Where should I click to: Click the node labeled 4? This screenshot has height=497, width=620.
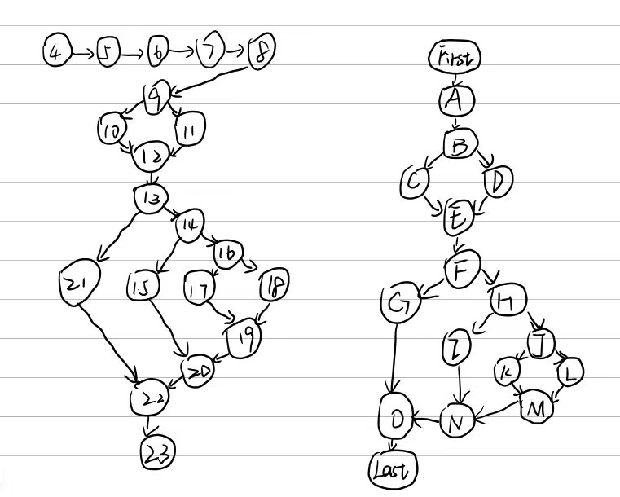pos(55,54)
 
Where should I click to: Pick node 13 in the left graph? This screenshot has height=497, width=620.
pos(151,199)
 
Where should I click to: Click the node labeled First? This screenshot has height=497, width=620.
pos(455,58)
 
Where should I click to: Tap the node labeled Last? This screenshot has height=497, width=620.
pos(392,469)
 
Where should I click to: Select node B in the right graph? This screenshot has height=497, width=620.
pos(460,146)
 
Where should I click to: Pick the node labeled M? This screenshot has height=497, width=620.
pos(536,407)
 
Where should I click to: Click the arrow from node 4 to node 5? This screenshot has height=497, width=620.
pos(82,54)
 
